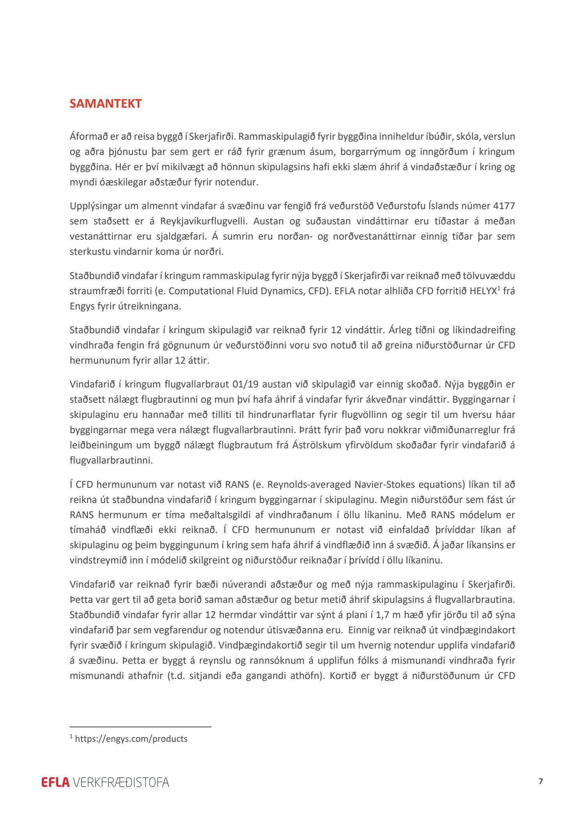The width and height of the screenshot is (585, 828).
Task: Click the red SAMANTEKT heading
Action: pos(105,104)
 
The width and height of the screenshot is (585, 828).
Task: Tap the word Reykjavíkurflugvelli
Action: pos(204,221)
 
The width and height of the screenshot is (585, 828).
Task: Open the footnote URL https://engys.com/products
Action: pos(131,739)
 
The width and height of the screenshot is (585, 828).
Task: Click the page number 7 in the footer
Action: pos(541,781)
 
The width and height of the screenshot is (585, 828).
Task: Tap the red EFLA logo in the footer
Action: pos(55,782)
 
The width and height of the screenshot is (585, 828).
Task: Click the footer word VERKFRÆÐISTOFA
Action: pos(121,782)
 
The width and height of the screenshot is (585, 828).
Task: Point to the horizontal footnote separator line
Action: pos(140,727)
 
